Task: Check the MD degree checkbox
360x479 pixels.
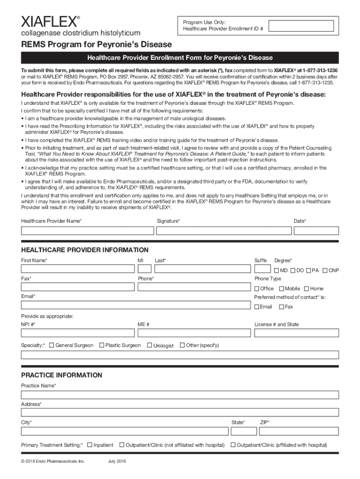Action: click(x=276, y=270)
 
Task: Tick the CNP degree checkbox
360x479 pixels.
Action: click(x=324, y=270)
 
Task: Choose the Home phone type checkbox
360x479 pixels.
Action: click(x=306, y=289)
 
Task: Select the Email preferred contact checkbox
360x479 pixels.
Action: click(x=257, y=307)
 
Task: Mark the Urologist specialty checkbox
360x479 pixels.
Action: click(x=150, y=346)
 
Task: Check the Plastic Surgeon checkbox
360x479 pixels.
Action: click(x=101, y=345)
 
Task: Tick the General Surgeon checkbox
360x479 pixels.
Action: click(x=51, y=345)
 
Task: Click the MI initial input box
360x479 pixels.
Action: click(x=144, y=269)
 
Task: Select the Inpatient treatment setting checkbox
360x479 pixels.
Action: click(x=89, y=445)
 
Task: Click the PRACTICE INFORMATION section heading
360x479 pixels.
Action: click(x=61, y=375)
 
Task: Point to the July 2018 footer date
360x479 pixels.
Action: click(x=117, y=462)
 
